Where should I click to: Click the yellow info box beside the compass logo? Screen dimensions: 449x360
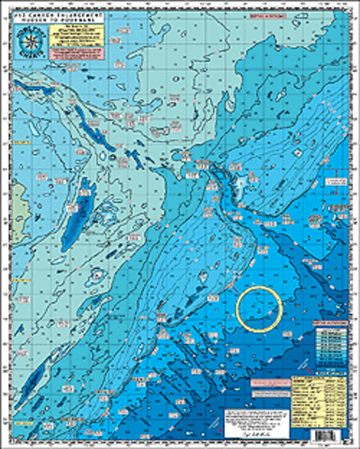pos(77,34)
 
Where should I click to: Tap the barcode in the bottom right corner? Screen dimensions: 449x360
pos(327,436)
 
